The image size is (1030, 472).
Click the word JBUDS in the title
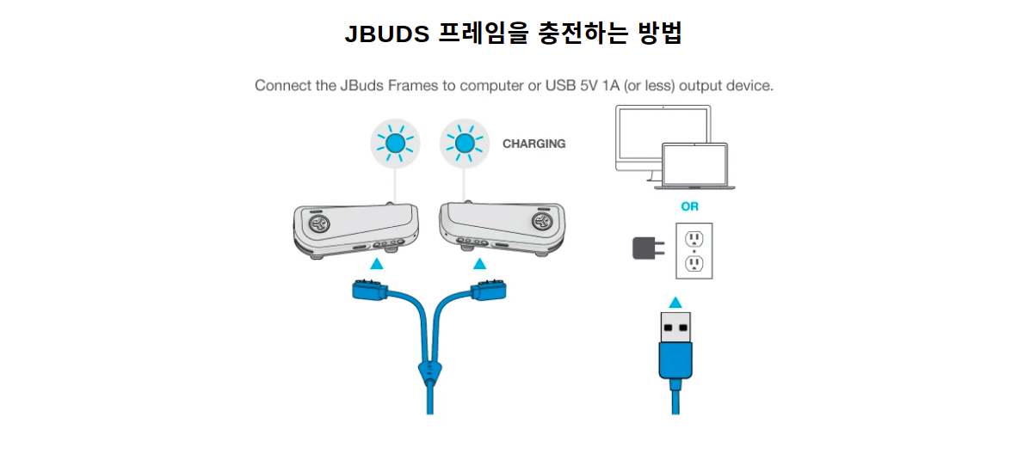point(387,34)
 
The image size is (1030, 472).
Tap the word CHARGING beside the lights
point(534,144)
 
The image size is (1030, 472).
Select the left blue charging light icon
point(395,144)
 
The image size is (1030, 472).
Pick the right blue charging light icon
point(464,144)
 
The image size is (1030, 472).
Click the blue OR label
point(689,206)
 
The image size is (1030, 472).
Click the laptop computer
point(694,165)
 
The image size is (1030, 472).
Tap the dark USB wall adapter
point(645,248)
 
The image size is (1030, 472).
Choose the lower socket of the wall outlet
point(694,264)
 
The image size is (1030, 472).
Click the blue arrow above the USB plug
point(675,302)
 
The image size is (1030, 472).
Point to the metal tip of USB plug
point(675,327)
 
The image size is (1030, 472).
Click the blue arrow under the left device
point(376,264)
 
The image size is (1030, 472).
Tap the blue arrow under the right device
point(479,264)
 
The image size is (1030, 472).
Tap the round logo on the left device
point(316,224)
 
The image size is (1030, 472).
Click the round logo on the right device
point(542,224)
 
